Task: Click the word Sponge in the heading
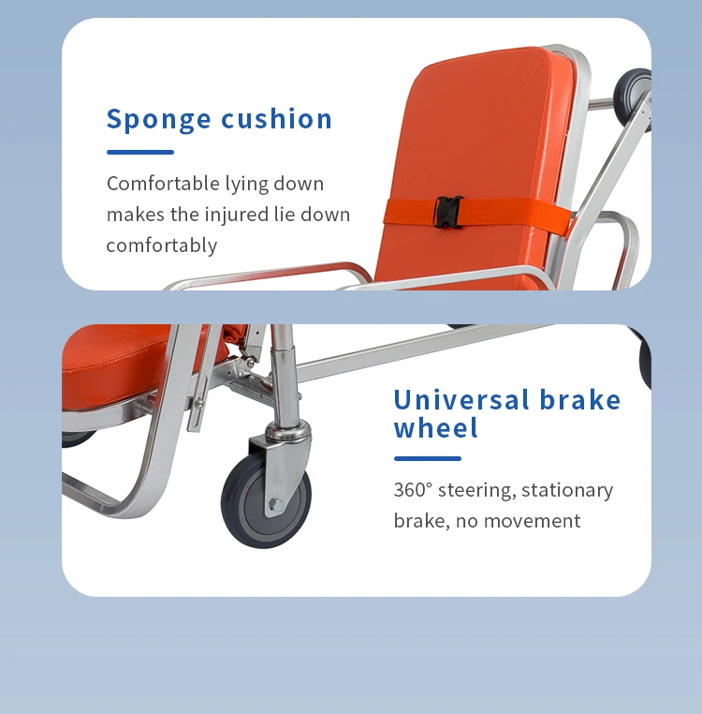coord(159,120)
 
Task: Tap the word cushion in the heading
coord(277,119)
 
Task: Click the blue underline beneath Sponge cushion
coord(140,152)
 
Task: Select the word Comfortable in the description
coord(163,184)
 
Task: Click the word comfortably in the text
coord(162,245)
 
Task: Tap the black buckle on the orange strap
coord(448,212)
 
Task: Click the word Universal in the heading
coord(461,400)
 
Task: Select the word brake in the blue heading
coord(580,400)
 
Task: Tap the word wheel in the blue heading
coord(436,428)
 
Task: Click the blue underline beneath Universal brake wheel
coord(428,458)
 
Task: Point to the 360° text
coord(413,490)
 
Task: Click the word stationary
coord(567,491)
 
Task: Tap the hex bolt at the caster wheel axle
coord(275,505)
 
